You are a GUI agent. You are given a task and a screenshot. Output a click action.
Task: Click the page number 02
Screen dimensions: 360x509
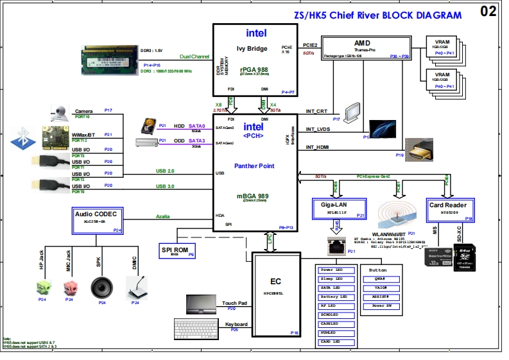click(x=488, y=11)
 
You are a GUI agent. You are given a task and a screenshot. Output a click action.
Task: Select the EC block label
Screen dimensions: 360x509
click(x=276, y=280)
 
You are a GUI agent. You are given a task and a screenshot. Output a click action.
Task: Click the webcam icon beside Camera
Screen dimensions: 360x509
click(x=59, y=113)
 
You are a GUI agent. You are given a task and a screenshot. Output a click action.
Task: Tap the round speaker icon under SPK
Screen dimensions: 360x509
click(x=101, y=286)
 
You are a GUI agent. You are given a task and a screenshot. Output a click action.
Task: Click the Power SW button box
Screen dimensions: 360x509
click(x=383, y=306)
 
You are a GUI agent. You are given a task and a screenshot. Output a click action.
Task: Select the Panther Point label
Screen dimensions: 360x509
click(x=254, y=166)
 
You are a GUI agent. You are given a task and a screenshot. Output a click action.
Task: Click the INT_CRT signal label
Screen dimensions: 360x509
click(x=317, y=112)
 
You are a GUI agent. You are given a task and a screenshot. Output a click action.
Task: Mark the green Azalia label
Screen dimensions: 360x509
click(x=163, y=216)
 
